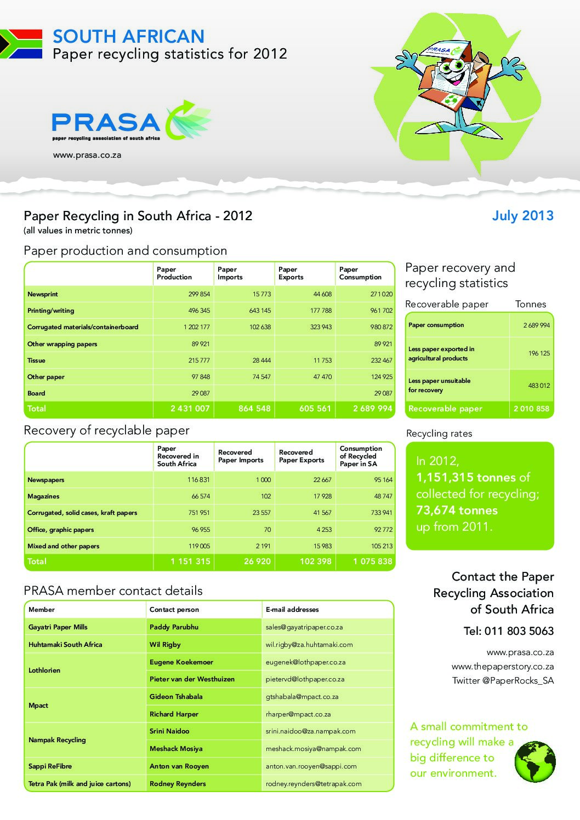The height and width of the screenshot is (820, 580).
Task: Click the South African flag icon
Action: pos(21,44)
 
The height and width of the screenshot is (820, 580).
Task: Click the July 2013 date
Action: pos(522,216)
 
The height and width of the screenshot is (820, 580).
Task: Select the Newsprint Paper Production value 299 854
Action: pos(199,294)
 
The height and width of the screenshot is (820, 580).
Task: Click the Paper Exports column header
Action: pos(291,273)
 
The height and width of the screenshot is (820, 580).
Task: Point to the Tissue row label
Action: pos(37,360)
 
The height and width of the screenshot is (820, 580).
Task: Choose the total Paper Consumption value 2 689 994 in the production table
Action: pos(373,409)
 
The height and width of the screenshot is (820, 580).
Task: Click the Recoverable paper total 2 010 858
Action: pos(531,409)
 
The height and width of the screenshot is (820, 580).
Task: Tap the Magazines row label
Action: pos(43,496)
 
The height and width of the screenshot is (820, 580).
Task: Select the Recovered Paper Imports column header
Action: pos(241,456)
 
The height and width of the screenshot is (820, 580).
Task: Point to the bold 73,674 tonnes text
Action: pos(457,511)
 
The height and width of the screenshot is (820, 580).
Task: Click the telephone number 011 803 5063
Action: pos(509,631)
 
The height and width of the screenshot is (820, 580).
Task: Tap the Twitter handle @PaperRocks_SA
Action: pos(503,681)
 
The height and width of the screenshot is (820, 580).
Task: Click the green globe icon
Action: pos(535,761)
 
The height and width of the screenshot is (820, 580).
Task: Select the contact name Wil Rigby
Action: pos(165,645)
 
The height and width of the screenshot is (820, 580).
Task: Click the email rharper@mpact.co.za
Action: pos(298,714)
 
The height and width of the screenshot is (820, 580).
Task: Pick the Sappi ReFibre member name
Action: pos(50,766)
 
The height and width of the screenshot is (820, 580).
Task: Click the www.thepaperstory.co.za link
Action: pos(503,667)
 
